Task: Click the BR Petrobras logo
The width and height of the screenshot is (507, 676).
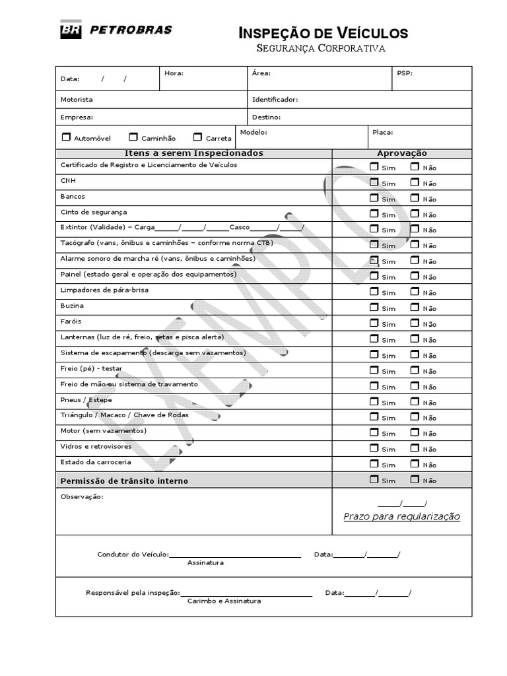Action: [116, 30]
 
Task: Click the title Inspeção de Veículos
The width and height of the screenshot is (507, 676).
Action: [323, 33]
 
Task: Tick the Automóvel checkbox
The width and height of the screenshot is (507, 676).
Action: [65, 137]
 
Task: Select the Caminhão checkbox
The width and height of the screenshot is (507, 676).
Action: [133, 137]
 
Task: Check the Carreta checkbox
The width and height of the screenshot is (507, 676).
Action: [197, 137]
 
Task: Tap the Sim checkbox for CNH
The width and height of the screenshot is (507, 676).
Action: [374, 182]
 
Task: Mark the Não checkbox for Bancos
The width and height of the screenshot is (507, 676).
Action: [415, 197]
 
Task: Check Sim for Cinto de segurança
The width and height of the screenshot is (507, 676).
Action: [374, 213]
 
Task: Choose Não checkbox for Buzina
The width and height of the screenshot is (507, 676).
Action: [415, 307]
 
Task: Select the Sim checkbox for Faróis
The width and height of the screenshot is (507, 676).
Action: [374, 323]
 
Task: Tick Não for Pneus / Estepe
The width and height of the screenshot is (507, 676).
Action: [415, 401]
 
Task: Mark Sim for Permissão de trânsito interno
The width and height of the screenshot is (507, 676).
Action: [374, 479]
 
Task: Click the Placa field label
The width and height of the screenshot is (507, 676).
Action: [382, 132]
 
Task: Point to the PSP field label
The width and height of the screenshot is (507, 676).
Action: [404, 73]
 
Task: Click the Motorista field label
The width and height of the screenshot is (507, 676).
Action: [77, 100]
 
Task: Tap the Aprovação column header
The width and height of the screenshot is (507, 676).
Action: [401, 153]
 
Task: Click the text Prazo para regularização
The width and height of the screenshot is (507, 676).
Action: [401, 516]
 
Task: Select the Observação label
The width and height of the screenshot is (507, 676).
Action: [82, 496]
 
